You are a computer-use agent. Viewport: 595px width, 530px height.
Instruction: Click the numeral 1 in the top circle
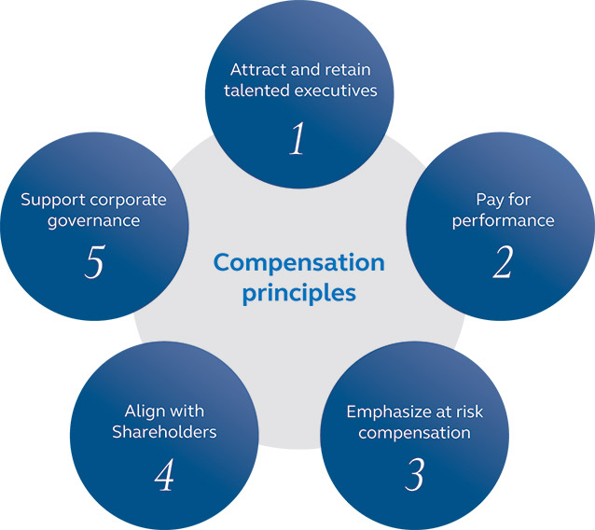pyautogui.click(x=297, y=138)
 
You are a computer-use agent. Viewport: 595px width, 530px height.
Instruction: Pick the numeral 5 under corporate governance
pyautogui.click(x=93, y=263)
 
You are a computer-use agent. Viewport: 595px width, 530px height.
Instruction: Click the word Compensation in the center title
pyautogui.click(x=298, y=262)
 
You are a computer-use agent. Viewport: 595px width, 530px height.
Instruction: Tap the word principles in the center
pyautogui.click(x=298, y=292)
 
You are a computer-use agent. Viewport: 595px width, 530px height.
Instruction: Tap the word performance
pyautogui.click(x=504, y=220)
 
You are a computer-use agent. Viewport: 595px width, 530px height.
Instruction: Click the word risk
pyautogui.click(x=467, y=411)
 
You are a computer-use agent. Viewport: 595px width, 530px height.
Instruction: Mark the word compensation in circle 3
pyautogui.click(x=414, y=433)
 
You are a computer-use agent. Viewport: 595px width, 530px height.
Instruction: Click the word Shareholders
pyautogui.click(x=164, y=432)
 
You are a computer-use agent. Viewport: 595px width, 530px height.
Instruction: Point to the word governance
pyautogui.click(x=94, y=221)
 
